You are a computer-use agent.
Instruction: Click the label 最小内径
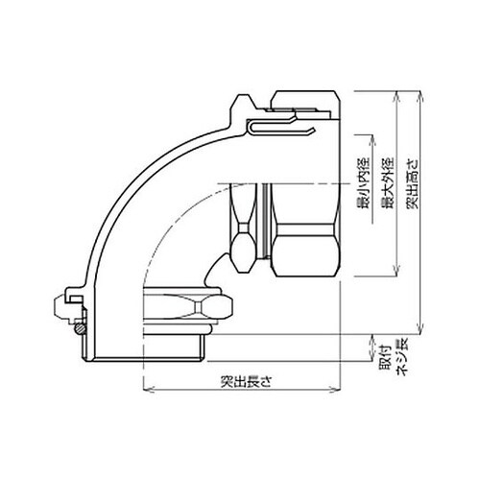(x=363, y=183)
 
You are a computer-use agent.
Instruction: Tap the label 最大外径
(x=389, y=183)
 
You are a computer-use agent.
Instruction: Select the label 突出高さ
(x=413, y=183)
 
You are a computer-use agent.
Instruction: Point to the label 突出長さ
(x=246, y=381)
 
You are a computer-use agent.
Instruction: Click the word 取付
(x=385, y=357)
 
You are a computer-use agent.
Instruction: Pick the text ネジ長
(x=402, y=357)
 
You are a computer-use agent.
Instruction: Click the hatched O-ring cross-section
(x=80, y=328)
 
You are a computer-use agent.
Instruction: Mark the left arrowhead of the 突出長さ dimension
(x=148, y=390)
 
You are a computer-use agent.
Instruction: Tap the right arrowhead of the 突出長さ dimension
(x=335, y=390)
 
